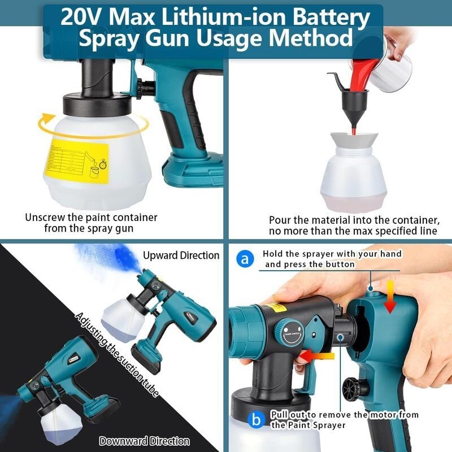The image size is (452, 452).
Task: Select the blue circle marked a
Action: [244, 259]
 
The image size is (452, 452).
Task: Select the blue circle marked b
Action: [257, 420]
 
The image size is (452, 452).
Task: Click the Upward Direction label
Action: [181, 255]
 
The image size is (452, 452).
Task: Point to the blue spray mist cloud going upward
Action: [102, 257]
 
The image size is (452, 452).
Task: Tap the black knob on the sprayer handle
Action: [354, 388]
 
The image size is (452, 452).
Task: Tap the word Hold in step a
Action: [273, 254]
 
